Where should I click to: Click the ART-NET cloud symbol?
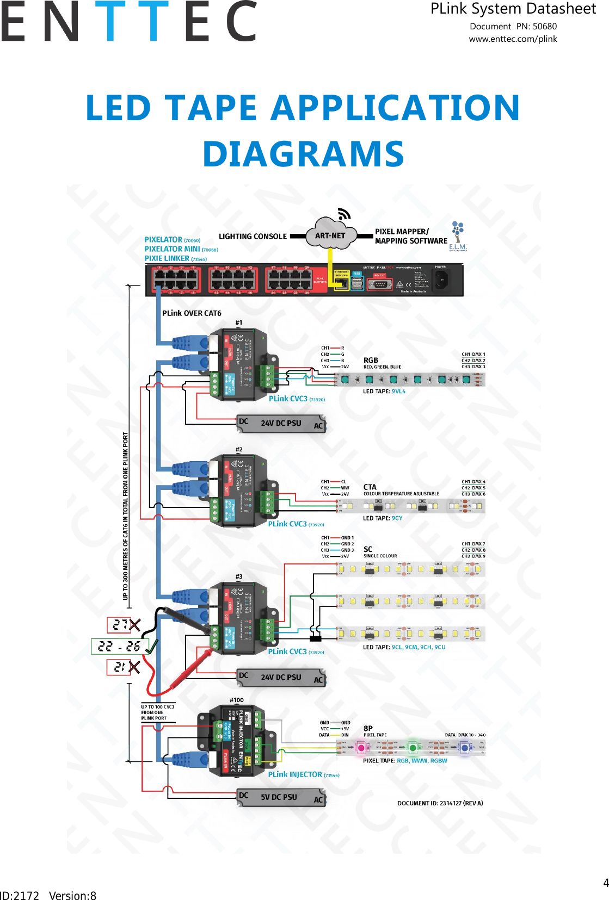coord(331,235)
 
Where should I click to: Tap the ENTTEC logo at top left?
coord(128,22)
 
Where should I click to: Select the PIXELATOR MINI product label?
coord(172,249)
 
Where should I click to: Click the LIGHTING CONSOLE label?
coord(253,237)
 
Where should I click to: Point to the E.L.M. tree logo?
coord(458,235)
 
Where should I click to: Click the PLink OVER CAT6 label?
coord(192,313)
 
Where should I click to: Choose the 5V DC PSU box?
coord(281,797)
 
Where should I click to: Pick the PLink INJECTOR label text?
coord(295,774)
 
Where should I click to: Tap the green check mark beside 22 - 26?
coord(151,646)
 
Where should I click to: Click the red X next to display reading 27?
coord(134,625)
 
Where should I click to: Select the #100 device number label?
coord(237,700)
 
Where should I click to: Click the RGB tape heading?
coord(371,360)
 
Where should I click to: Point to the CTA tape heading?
coord(370,487)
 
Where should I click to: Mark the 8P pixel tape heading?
coord(368,728)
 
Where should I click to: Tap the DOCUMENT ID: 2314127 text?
coord(440,803)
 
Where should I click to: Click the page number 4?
coord(606,883)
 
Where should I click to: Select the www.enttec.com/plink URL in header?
coord(513,39)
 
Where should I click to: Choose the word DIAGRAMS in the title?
coord(303,154)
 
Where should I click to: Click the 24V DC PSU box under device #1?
coord(281,423)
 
